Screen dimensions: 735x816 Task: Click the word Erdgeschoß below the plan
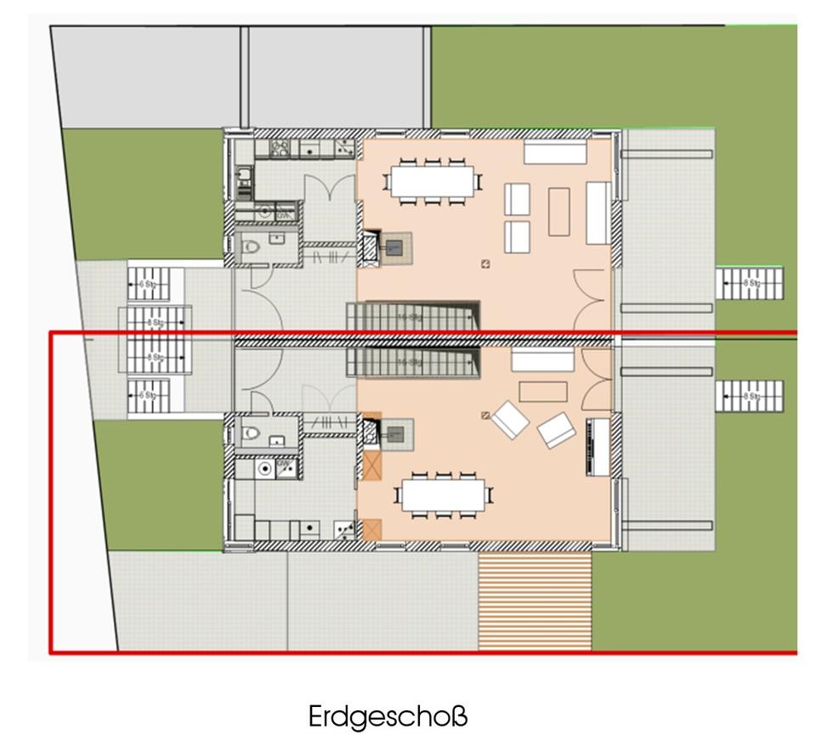(388, 715)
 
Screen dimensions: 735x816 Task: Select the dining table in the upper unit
(433, 180)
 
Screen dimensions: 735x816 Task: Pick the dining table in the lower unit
(444, 495)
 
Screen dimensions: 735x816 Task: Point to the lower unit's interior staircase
(413, 361)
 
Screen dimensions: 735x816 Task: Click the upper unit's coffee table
(558, 212)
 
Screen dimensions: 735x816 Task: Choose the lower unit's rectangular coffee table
(543, 391)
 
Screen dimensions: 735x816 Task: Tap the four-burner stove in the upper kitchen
(280, 149)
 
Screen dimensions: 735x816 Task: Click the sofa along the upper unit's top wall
(555, 152)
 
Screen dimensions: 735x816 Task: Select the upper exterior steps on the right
(749, 283)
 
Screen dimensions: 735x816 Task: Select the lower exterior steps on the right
(749, 396)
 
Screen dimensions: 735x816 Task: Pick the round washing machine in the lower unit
(265, 467)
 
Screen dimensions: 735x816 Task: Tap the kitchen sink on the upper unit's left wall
(244, 177)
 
